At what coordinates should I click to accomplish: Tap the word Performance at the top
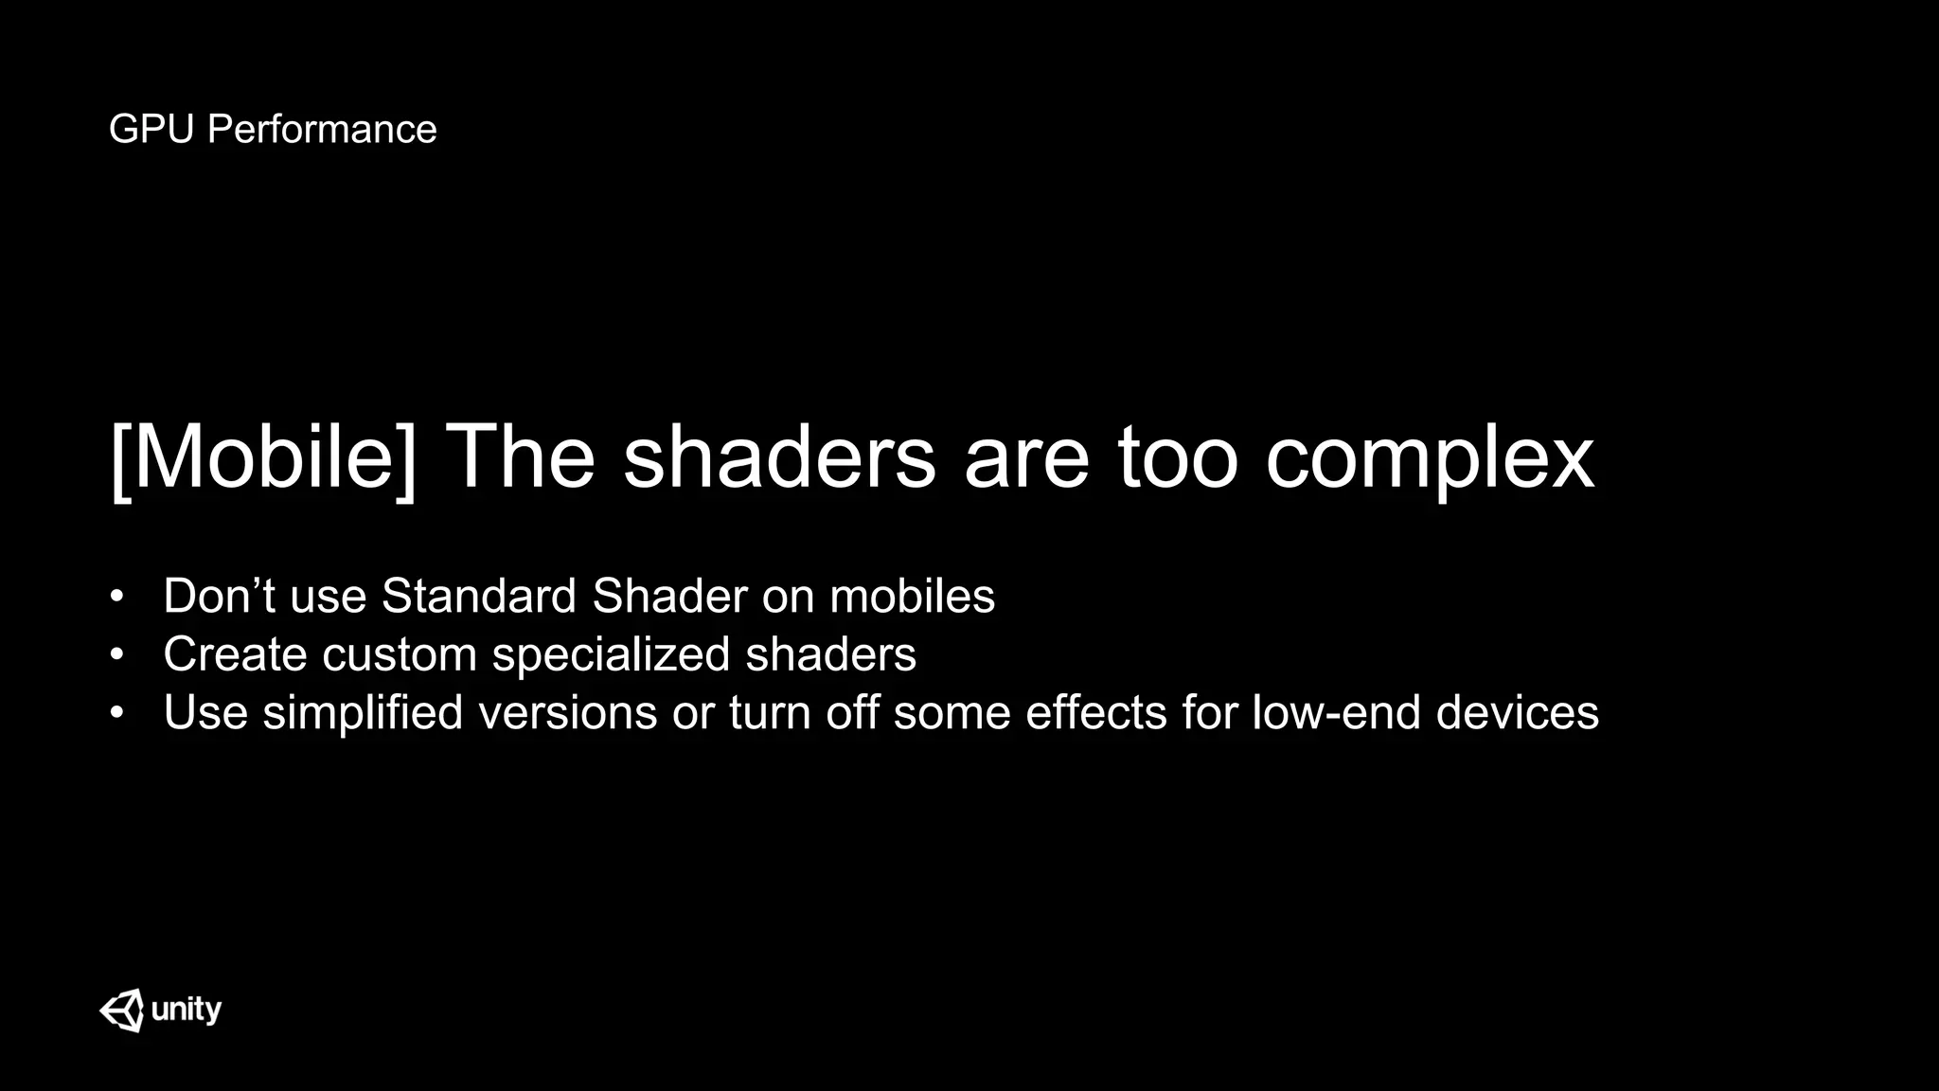322,130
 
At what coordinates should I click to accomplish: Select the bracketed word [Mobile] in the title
263,458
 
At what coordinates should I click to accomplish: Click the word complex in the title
1430,458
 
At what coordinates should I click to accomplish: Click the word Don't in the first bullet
219,597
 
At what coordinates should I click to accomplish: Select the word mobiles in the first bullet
912,597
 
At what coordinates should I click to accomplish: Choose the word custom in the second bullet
399,654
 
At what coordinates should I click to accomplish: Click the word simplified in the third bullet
363,713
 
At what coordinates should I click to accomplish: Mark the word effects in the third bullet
1095,713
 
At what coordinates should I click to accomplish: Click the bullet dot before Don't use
116,598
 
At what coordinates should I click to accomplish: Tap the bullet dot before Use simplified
116,714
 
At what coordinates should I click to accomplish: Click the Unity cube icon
122,1011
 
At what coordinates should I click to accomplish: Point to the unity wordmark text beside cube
187,1011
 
